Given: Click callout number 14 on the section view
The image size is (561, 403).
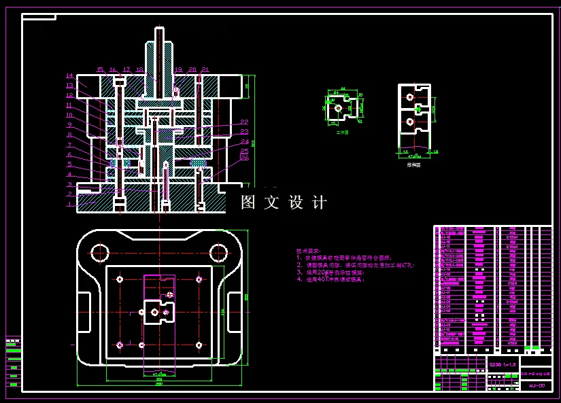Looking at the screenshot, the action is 69,75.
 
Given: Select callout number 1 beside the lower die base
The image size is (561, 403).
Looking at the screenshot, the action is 69,204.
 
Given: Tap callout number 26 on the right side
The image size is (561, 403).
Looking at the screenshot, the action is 245,158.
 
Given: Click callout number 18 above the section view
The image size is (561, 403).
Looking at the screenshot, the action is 139,69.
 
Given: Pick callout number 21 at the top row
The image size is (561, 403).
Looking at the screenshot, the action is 205,69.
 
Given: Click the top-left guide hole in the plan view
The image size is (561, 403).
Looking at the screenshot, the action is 99,253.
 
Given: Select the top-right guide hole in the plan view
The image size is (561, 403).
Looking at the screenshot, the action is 218,253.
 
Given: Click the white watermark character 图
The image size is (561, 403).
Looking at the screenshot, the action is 250,203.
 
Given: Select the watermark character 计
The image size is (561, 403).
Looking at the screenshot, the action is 319,203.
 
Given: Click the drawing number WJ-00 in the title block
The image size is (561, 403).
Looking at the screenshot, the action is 537,385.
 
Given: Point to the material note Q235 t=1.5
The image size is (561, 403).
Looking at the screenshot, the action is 503,365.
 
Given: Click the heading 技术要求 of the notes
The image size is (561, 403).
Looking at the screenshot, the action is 308,251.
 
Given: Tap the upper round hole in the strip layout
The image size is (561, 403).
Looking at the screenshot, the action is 409,97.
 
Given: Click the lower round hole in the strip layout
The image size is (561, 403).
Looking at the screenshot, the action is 409,121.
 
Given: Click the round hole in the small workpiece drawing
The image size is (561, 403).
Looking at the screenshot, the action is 338,107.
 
